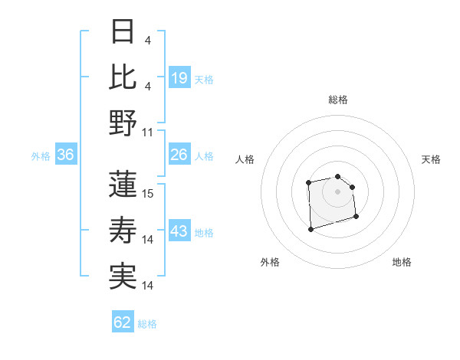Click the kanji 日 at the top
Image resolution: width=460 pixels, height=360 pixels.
tap(123, 33)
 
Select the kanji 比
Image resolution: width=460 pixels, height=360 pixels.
tap(123, 77)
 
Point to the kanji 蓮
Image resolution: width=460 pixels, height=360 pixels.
tap(123, 184)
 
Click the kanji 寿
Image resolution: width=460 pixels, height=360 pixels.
tap(123, 230)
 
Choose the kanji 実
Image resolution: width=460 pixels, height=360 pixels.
tap(123, 276)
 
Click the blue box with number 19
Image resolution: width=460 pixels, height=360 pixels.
tap(179, 78)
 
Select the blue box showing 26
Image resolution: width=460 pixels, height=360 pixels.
tap(179, 155)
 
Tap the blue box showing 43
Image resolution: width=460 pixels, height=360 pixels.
tap(179, 232)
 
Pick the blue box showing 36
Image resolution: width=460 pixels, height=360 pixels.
tap(65, 155)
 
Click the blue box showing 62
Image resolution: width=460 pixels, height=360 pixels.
tap(123, 323)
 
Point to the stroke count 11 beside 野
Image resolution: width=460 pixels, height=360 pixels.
tap(149, 133)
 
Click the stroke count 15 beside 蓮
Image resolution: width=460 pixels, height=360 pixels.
tap(149, 194)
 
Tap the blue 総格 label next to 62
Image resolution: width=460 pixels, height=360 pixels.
tap(148, 324)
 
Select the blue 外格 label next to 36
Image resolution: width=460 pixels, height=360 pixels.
tap(41, 156)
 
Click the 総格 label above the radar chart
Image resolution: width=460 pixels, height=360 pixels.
tap(338, 100)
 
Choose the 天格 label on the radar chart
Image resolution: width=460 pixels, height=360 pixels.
tap(431, 159)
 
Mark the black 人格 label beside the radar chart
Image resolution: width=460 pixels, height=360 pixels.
tap(245, 159)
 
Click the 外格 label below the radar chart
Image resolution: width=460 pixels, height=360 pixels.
tap(270, 262)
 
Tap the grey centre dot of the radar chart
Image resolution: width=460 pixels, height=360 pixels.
tap(338, 191)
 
